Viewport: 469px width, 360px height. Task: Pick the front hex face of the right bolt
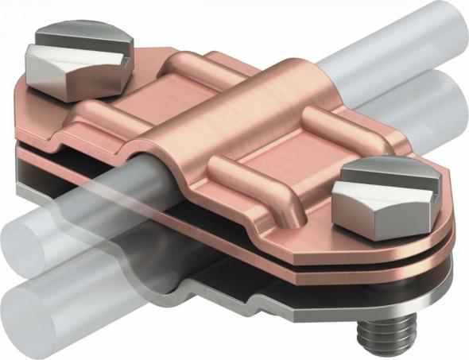(x=362, y=209)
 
